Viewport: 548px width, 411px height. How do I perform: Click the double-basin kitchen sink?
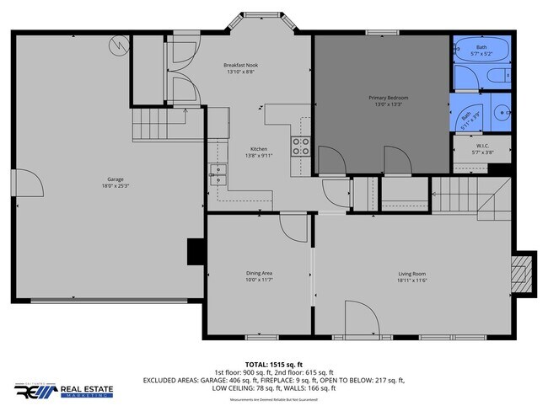click(x=218, y=175)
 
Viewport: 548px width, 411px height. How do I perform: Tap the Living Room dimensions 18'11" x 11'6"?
click(x=411, y=280)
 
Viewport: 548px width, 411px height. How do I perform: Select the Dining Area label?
click(x=258, y=273)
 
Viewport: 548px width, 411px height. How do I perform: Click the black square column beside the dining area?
click(x=196, y=251)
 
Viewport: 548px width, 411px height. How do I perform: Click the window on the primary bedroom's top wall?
click(x=377, y=33)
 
